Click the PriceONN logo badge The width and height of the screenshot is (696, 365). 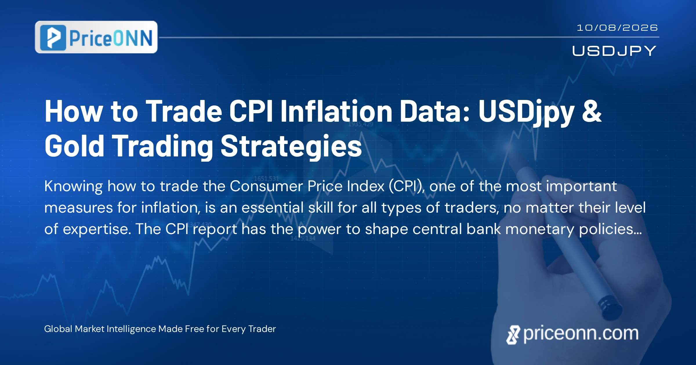click(x=96, y=37)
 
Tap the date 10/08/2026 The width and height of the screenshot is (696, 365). click(x=617, y=28)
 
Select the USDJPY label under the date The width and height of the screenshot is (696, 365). click(x=614, y=51)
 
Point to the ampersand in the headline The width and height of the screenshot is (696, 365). click(x=592, y=111)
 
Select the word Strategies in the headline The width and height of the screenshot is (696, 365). click(x=291, y=147)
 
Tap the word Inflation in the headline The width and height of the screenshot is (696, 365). click(x=336, y=111)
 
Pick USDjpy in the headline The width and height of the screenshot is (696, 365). click(x=526, y=113)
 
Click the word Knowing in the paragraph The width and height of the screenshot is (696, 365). click(x=74, y=187)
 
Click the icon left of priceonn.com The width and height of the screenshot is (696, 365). click(x=513, y=335)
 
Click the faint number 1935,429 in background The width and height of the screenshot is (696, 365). click(x=360, y=124)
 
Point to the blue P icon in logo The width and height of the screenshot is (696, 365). click(x=53, y=38)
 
